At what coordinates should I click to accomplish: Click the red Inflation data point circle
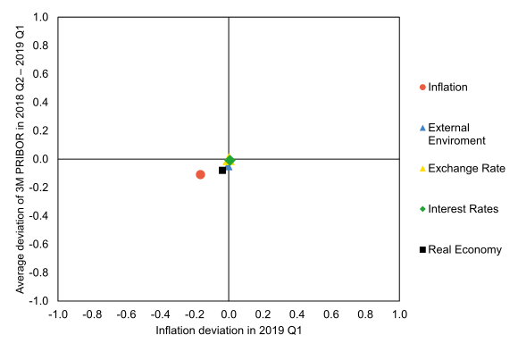200,174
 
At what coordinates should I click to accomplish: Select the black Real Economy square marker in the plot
222,170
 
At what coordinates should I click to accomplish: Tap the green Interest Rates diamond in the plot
230,160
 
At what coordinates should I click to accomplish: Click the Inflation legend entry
447,87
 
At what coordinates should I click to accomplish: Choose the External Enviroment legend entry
456,134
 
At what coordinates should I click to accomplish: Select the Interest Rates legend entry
463,209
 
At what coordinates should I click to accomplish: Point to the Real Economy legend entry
464,249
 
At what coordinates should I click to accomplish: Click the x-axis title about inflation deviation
229,331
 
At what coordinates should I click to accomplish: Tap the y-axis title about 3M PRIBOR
21,159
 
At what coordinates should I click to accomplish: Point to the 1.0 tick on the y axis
41,17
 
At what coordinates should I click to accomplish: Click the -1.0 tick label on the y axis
39,301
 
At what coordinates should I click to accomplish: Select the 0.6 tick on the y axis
41,74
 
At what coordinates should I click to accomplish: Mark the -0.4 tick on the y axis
39,216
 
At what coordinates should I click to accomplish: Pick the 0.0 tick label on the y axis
41,159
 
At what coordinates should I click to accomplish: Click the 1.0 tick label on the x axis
399,315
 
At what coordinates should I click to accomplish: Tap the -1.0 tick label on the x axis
58,315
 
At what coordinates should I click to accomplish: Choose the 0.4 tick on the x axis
297,315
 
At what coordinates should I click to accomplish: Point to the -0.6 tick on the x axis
126,315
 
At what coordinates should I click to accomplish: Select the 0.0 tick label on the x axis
229,315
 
